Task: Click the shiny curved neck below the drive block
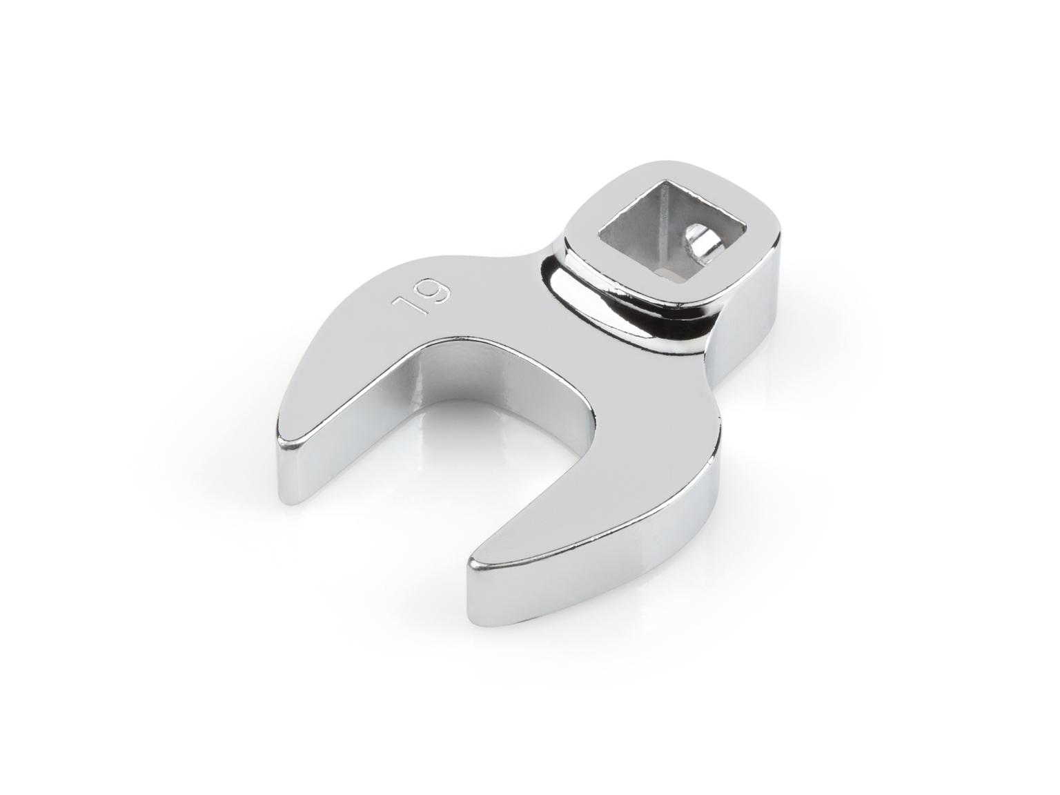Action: (x=621, y=304)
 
